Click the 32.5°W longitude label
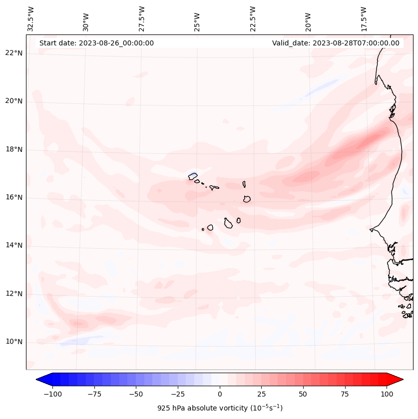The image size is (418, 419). (x=31, y=18)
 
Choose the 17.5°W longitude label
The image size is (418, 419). (x=364, y=18)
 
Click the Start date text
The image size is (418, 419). (x=96, y=43)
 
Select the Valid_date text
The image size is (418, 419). (x=336, y=43)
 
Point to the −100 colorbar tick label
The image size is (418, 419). (x=52, y=394)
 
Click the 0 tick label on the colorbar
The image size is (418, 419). (x=220, y=394)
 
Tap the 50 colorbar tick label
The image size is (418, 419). (x=303, y=394)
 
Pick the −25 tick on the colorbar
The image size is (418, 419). (x=178, y=394)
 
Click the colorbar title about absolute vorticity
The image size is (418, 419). (x=220, y=408)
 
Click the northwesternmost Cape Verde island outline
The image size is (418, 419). (x=193, y=176)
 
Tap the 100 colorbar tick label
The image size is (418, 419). (x=387, y=394)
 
